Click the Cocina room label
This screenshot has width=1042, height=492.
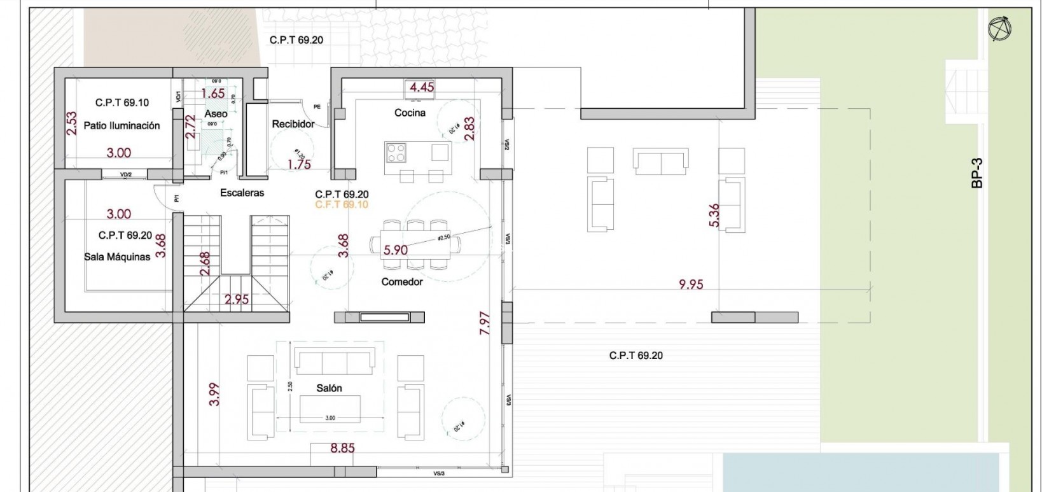(x=410, y=113)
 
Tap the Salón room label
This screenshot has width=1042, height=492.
(x=329, y=388)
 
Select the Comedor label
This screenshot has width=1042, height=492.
(x=402, y=281)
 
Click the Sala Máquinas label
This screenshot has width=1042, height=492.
(x=117, y=257)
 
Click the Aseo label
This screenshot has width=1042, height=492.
(x=216, y=113)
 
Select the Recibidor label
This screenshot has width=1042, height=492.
(x=293, y=124)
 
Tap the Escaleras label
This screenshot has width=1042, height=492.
(x=242, y=192)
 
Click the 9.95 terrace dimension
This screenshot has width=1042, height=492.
(x=691, y=285)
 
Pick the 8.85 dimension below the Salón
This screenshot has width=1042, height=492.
(x=342, y=448)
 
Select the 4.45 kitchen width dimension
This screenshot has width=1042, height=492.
(x=422, y=87)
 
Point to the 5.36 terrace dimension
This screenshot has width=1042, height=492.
(x=714, y=215)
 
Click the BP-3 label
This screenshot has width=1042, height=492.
(x=977, y=173)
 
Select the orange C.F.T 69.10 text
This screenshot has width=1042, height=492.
(x=342, y=204)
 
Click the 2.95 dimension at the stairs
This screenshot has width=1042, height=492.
(x=237, y=299)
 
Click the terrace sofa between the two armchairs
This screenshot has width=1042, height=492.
(x=660, y=162)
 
